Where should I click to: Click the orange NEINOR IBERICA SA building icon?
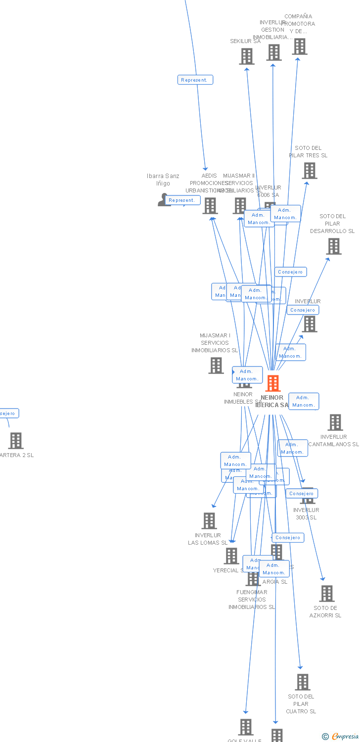(273, 383)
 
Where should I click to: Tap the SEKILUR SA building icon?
(247, 56)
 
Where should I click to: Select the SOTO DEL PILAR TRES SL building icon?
(310, 171)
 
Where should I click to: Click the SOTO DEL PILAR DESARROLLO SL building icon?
(334, 246)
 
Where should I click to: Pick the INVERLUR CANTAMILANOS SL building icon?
(335, 422)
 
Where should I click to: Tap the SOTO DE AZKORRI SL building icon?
(326, 594)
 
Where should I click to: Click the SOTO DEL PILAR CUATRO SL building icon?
(302, 682)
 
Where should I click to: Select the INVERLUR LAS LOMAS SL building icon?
(209, 521)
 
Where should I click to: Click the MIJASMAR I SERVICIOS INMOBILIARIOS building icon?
(216, 366)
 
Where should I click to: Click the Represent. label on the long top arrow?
(195, 80)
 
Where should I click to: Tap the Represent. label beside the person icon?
(182, 200)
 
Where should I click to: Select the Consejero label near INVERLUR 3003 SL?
(301, 493)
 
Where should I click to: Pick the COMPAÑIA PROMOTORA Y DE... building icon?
(299, 46)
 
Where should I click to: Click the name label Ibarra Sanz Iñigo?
(163, 180)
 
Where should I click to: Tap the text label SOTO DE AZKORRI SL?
(325, 612)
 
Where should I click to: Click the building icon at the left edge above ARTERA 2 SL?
(16, 440)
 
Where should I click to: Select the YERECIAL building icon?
(231, 556)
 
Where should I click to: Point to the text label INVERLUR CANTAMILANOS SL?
(334, 440)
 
